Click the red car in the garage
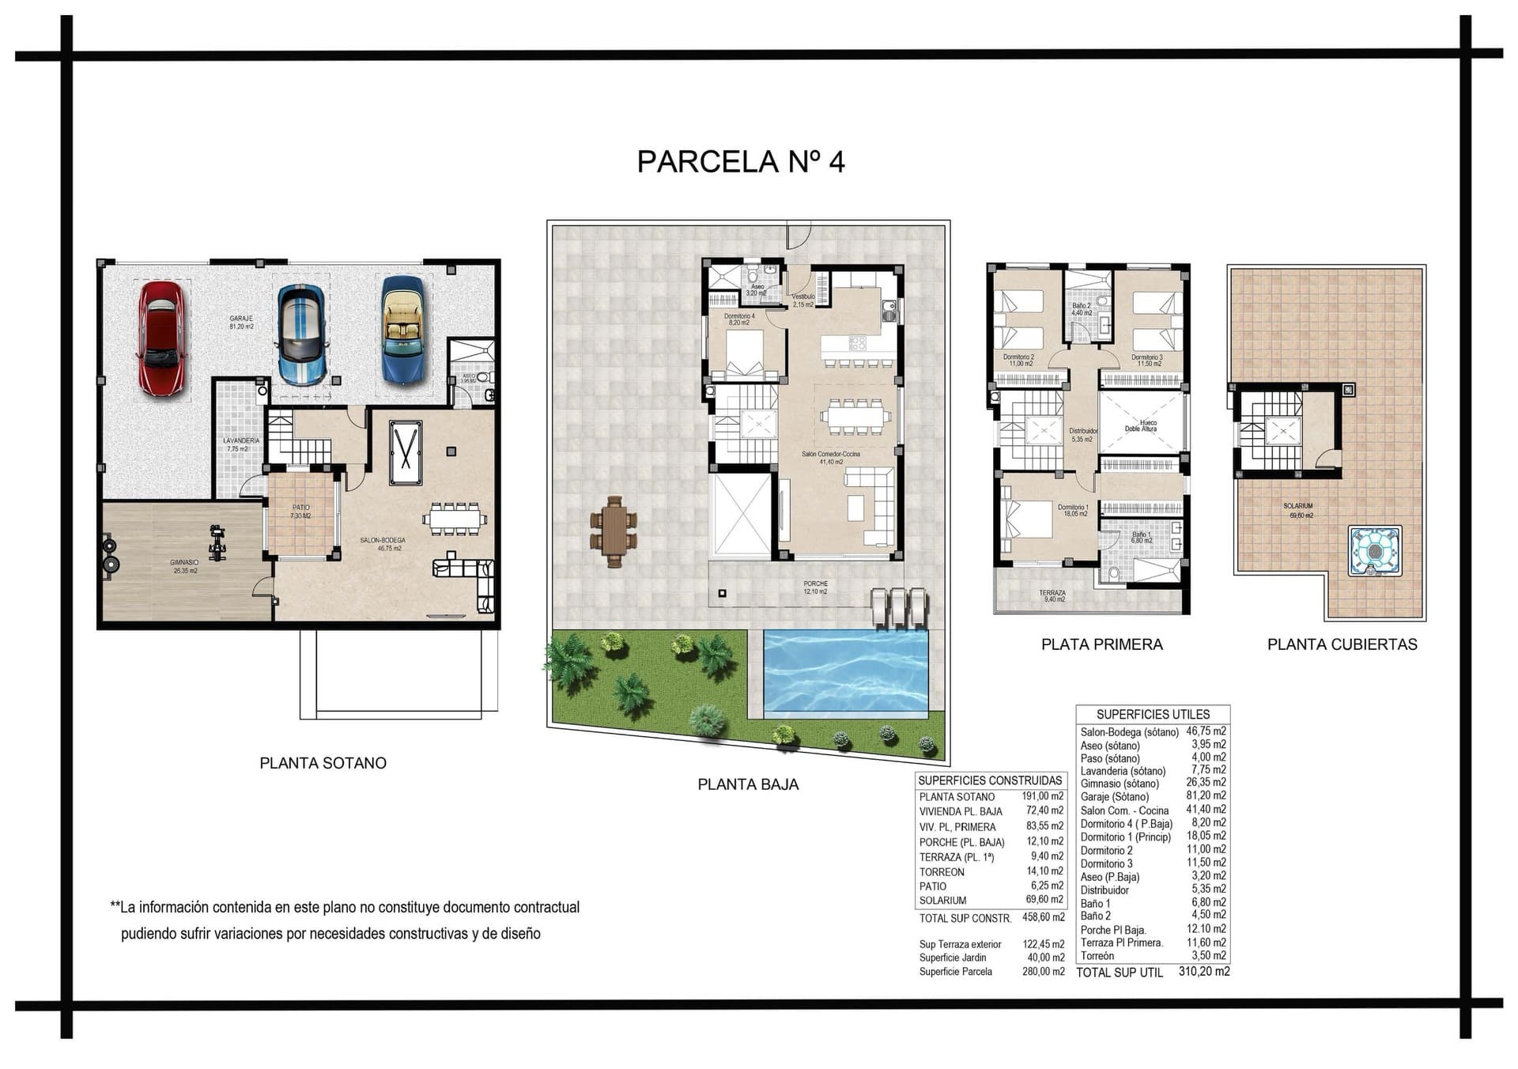point(163,338)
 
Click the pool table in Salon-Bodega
point(406,451)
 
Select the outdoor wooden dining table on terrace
point(614,531)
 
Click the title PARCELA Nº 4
point(741,161)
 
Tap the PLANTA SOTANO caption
point(323,763)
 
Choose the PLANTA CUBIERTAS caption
point(1342,644)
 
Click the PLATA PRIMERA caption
point(1101,644)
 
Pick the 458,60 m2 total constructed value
point(1043,917)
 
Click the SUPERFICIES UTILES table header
point(1153,714)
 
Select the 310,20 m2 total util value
point(1203,972)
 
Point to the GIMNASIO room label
point(183,563)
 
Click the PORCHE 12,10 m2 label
point(815,587)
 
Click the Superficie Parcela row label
point(955,972)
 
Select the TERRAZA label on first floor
point(1052,593)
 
